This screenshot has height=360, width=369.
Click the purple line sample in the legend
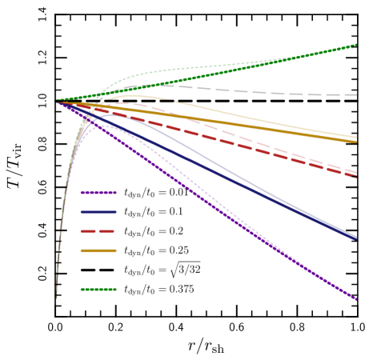(x=98, y=193)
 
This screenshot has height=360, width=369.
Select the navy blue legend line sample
(x=98, y=212)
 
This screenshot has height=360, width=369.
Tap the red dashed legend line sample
(x=98, y=231)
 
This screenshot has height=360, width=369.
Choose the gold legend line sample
(x=98, y=250)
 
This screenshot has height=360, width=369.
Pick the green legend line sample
(x=98, y=290)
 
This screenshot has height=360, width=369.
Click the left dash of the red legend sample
(x=87, y=231)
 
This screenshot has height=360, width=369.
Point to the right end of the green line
(x=355, y=46)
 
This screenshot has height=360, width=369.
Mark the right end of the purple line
(x=355, y=298)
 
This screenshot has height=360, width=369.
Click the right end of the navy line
(x=355, y=238)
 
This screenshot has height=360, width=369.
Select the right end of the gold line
(x=355, y=140)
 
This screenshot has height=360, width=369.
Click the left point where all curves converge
(x=58, y=102)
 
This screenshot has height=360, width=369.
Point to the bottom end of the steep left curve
(x=57, y=297)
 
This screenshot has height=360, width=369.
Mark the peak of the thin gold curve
(x=132, y=95)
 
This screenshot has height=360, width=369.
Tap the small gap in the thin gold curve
(x=172, y=101)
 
